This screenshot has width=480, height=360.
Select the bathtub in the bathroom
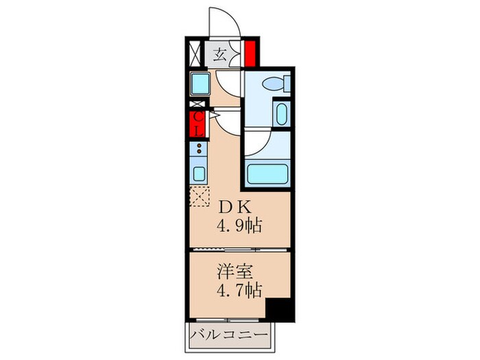pos(265,173)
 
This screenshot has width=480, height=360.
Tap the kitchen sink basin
pos(198,171)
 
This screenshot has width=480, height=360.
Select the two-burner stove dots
pos(198,150)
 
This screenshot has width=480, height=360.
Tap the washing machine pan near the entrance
pos(201,85)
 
